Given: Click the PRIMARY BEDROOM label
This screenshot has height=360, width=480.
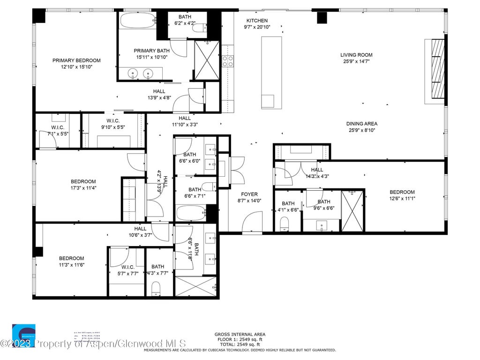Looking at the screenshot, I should pos(76,60).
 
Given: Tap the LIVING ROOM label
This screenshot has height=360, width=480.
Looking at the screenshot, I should pos(356,55).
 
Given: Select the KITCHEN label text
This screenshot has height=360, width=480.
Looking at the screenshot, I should pos(257,21).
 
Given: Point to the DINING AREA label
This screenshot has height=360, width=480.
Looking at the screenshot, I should pos(362,124).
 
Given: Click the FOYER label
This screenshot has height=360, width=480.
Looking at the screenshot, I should pos(249,194).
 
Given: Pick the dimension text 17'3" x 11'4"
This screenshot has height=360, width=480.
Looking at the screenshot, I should pos(83,188).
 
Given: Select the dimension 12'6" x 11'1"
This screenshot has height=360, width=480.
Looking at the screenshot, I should pos(402,198).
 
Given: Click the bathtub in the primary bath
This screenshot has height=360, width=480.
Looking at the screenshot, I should pos(137,21).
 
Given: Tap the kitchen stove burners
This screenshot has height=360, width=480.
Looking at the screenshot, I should pos(228,61).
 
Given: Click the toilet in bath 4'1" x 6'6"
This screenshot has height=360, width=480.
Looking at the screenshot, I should pos(285,227).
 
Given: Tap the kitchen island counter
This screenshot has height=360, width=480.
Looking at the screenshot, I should pos(271,70).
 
